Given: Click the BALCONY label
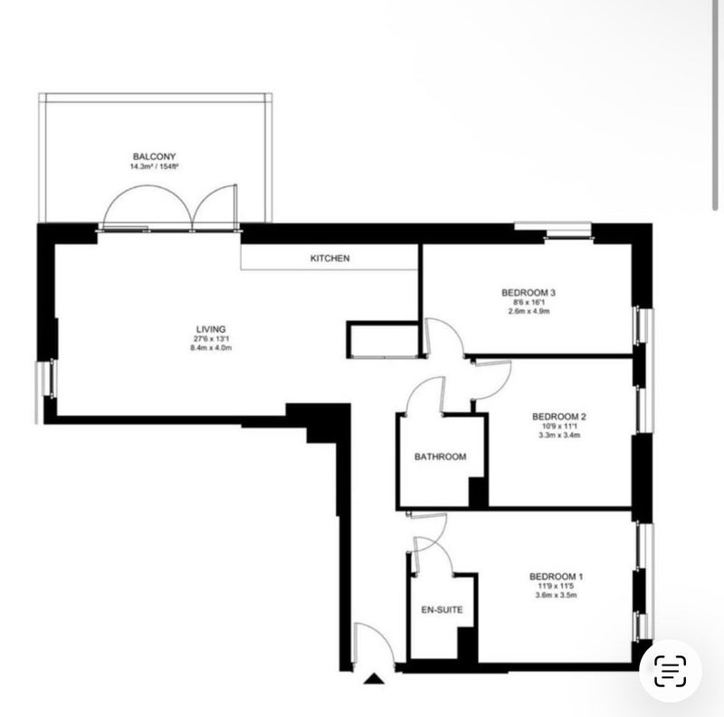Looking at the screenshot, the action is tap(154, 157).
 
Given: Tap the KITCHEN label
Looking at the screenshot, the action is tap(329, 259).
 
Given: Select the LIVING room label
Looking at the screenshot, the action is tap(211, 329).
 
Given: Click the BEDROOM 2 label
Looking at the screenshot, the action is tap(559, 417).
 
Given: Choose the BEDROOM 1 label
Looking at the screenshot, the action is tap(556, 576).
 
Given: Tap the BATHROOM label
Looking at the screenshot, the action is tap(440, 457).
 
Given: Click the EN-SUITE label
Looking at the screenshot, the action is tap(442, 610).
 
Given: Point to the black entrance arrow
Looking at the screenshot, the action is tap(374, 678).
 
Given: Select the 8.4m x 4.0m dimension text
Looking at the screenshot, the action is tap(211, 348).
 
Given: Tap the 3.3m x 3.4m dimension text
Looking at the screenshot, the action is tap(559, 435).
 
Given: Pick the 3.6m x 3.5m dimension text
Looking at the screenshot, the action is tap(556, 595).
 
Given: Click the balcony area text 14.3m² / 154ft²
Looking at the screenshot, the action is tap(154, 166).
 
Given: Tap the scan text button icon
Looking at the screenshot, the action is tap(670, 670).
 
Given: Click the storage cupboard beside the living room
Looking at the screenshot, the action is tap(383, 340).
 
